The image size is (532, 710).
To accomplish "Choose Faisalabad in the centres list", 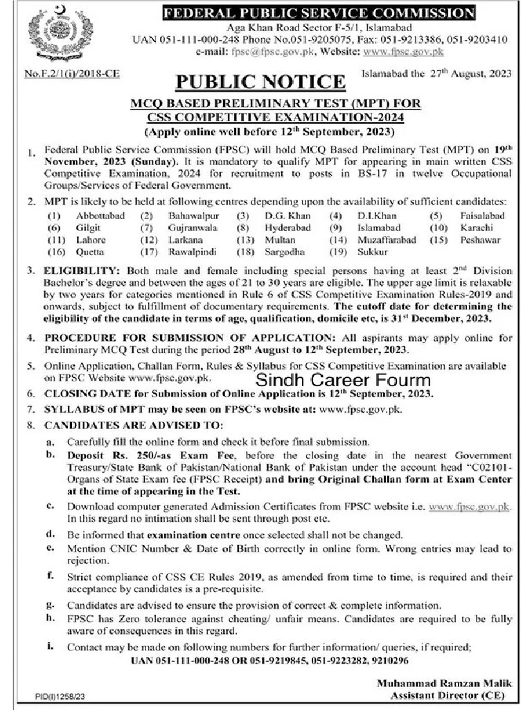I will (x=482, y=216).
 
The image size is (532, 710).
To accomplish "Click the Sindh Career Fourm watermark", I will (x=343, y=380).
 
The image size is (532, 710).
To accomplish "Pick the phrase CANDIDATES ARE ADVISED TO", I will (x=134, y=424).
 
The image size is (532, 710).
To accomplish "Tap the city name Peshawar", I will (x=480, y=239).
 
